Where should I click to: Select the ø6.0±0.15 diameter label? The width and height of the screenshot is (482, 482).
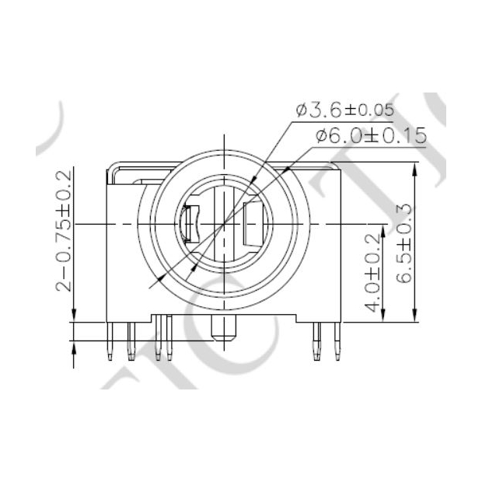click(x=371, y=135)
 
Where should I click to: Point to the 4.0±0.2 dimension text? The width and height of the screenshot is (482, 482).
click(x=372, y=272)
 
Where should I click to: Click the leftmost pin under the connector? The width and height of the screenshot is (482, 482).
click(x=111, y=342)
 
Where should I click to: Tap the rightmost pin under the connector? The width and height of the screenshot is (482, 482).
click(x=337, y=342)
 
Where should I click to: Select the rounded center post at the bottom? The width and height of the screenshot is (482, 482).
click(x=224, y=331)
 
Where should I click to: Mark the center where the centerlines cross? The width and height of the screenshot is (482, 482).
click(x=224, y=223)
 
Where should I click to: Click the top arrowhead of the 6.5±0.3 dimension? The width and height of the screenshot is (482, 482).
click(x=417, y=168)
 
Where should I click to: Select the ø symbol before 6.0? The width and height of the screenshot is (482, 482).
click(x=321, y=136)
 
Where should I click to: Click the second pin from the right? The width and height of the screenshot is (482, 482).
click(x=316, y=342)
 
